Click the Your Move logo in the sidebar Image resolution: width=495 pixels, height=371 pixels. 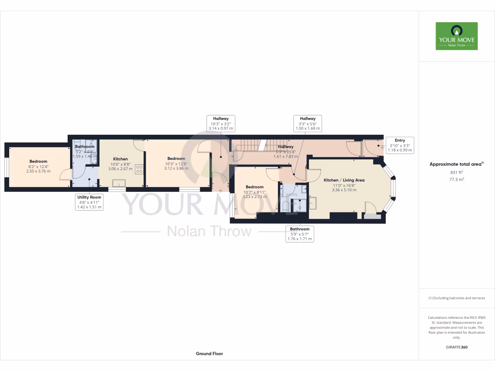coord(456,36)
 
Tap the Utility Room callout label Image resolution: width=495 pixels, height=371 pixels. coord(89,202)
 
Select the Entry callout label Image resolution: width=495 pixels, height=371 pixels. coord(400,145)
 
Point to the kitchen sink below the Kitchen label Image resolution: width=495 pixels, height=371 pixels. coord(118,183)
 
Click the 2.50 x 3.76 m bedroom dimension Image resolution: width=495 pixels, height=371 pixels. coord(38,171)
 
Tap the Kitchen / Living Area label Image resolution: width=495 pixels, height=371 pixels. coord(344,180)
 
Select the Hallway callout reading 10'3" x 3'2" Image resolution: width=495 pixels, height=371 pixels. coord(220,123)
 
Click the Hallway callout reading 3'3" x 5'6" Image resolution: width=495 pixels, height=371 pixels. coord(307,123)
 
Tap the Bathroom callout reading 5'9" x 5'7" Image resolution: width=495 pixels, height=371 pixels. coord(300,234)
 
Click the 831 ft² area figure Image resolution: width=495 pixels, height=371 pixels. coord(456,171)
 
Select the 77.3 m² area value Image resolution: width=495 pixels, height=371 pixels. coord(456,179)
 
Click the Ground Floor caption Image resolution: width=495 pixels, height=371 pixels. coord(209,354)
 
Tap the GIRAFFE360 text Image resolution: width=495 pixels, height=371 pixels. coord(456,347)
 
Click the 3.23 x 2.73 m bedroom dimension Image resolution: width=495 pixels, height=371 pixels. coord(254,197)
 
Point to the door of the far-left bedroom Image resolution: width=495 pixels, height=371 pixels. coord(66,175)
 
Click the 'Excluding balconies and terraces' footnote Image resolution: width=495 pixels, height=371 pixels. coord(456,298)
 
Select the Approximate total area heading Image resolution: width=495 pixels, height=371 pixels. coord(456,164)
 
